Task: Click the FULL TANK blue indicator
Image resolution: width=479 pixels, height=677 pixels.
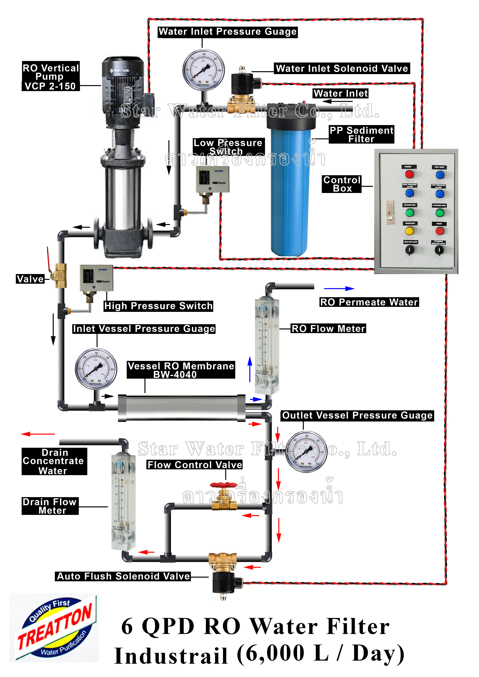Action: tap(440, 175)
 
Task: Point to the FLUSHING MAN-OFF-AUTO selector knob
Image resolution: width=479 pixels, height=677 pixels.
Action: tap(439, 250)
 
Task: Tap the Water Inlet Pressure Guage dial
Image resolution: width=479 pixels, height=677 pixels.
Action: tap(203, 70)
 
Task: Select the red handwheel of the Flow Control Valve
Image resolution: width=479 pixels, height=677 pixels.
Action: tap(223, 485)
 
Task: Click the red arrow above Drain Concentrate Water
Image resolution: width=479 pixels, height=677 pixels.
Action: tap(38, 434)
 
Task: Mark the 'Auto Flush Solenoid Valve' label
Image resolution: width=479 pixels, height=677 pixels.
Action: tap(123, 576)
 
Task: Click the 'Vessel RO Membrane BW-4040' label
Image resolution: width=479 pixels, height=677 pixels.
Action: tap(181, 370)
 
